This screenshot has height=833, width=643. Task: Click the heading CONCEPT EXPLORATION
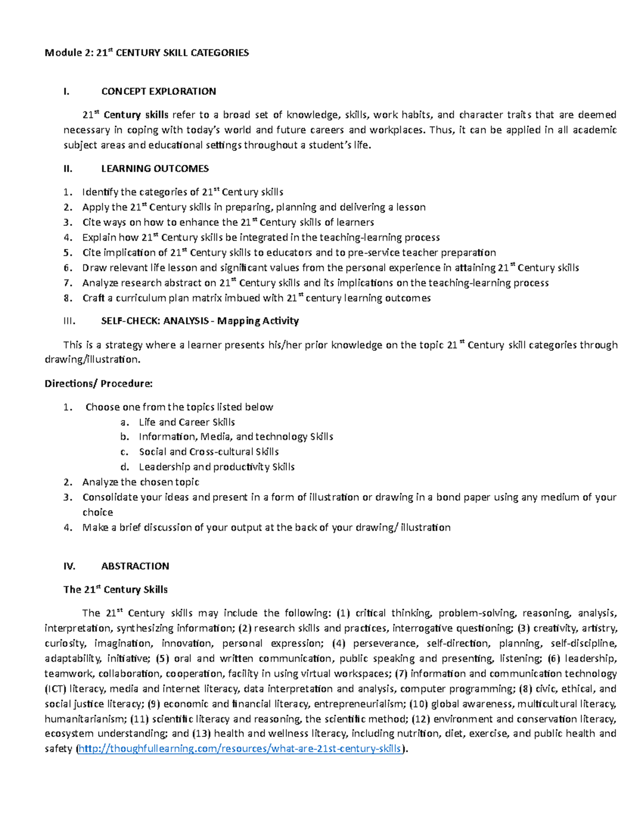click(x=158, y=91)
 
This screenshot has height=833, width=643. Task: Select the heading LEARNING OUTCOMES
click(x=154, y=168)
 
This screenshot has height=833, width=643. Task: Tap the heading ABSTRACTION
click(x=134, y=566)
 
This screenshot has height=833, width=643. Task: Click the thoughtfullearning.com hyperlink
click(x=240, y=749)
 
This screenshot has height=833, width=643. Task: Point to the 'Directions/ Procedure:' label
click(x=99, y=384)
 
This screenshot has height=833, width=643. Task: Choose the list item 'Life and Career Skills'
click(x=186, y=422)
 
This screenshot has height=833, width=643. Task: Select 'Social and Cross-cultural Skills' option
click(x=208, y=452)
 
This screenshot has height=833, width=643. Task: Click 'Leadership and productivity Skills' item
click(x=216, y=467)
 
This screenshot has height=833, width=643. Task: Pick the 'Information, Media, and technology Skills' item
click(x=236, y=437)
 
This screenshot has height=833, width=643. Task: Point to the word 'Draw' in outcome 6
click(x=93, y=268)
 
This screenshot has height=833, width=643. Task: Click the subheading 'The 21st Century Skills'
click(x=115, y=589)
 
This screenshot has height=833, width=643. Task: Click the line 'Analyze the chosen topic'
click(x=140, y=482)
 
